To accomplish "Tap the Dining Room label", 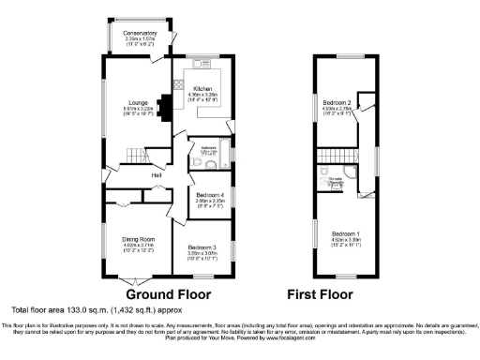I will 138,239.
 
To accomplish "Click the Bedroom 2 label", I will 337,102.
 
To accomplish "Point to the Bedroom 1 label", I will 342,232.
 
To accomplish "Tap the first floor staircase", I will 329,159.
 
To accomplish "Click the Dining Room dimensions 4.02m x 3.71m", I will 138,246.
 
